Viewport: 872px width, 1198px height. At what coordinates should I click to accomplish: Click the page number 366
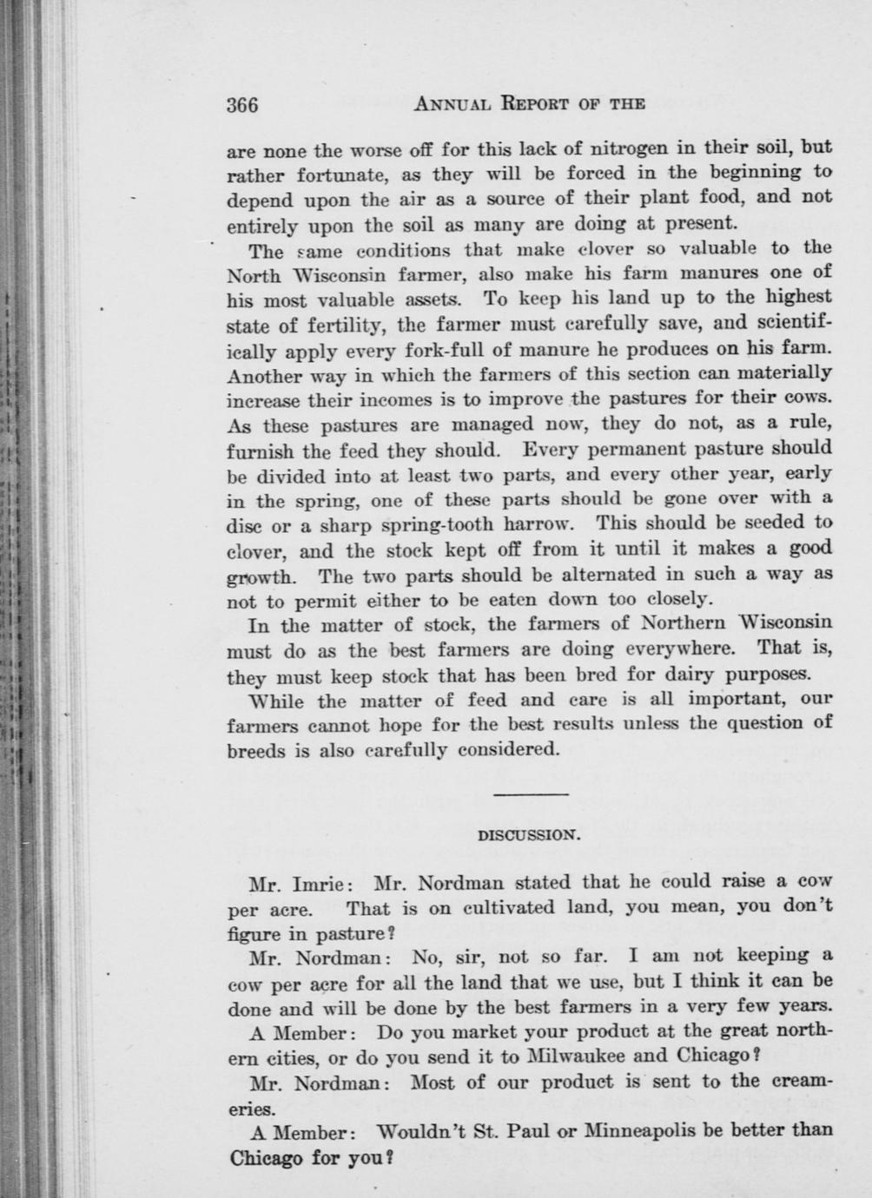point(242,105)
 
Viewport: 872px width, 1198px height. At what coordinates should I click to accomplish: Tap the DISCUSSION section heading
point(529,835)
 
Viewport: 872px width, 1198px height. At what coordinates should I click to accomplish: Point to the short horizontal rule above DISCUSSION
point(530,793)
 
